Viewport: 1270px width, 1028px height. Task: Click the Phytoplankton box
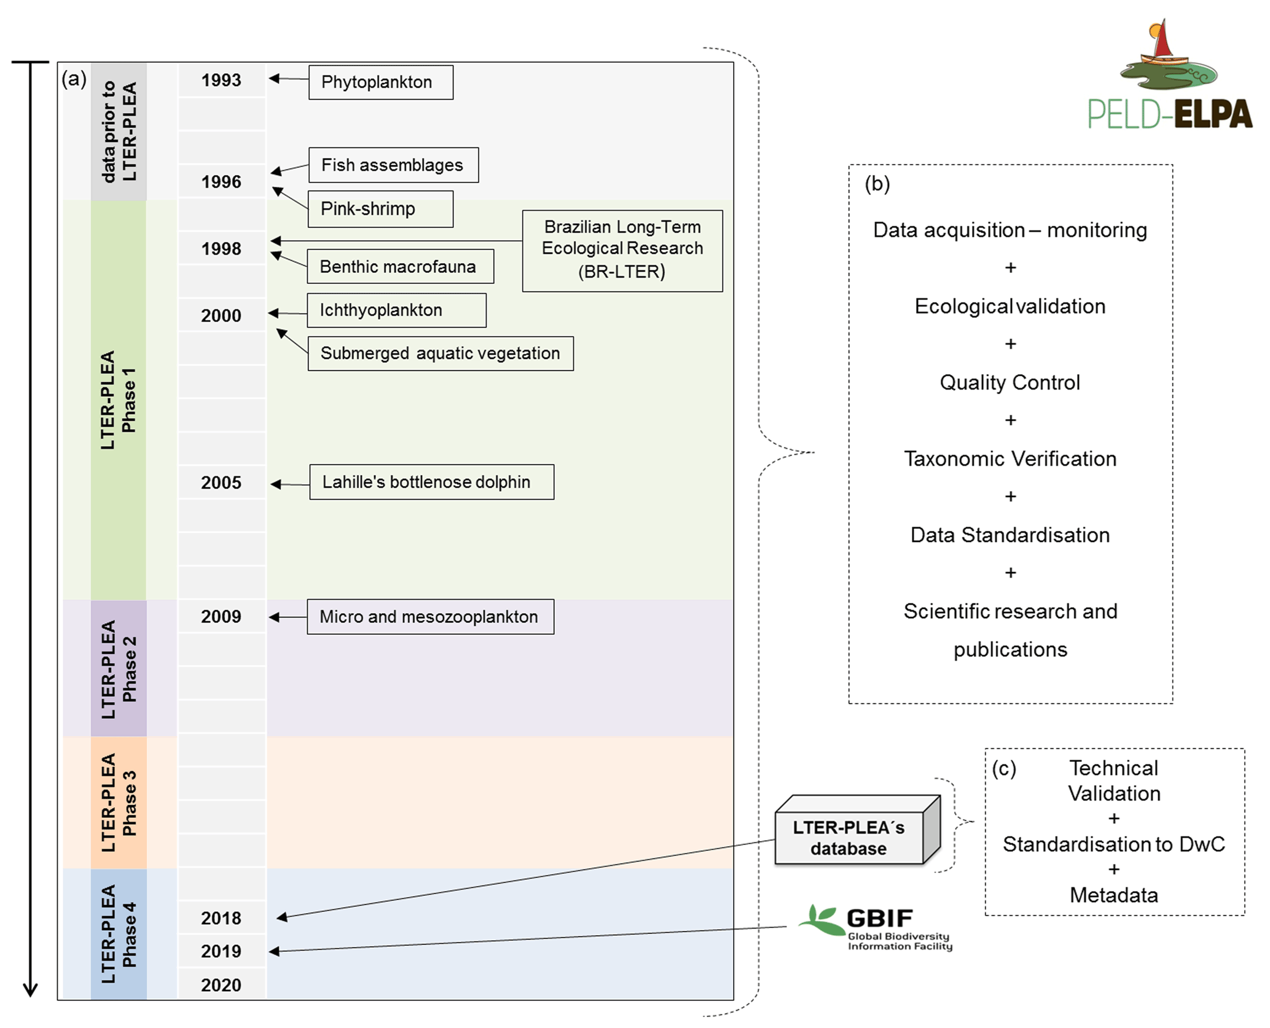[380, 82]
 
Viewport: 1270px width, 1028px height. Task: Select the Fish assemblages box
[393, 165]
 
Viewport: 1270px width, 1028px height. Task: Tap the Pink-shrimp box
[380, 209]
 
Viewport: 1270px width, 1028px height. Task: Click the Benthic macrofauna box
[400, 267]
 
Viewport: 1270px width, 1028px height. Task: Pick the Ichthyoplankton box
[396, 310]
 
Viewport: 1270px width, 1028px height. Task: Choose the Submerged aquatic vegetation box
[440, 353]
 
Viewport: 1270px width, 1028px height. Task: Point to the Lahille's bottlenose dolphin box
[431, 482]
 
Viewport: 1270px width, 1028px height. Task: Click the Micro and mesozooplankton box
[430, 617]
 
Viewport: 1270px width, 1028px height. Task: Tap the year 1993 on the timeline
[221, 80]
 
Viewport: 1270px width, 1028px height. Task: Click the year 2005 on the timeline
[221, 483]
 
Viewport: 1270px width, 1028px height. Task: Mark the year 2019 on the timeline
[221, 951]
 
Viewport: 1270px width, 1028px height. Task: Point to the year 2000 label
[221, 316]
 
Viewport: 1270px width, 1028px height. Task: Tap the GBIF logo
[876, 927]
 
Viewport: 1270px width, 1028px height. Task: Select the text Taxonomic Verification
[1010, 459]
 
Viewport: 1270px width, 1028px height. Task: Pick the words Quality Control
[1009, 383]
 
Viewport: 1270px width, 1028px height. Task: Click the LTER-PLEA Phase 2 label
[119, 669]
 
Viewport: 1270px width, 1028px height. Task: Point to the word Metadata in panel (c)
[1113, 895]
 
